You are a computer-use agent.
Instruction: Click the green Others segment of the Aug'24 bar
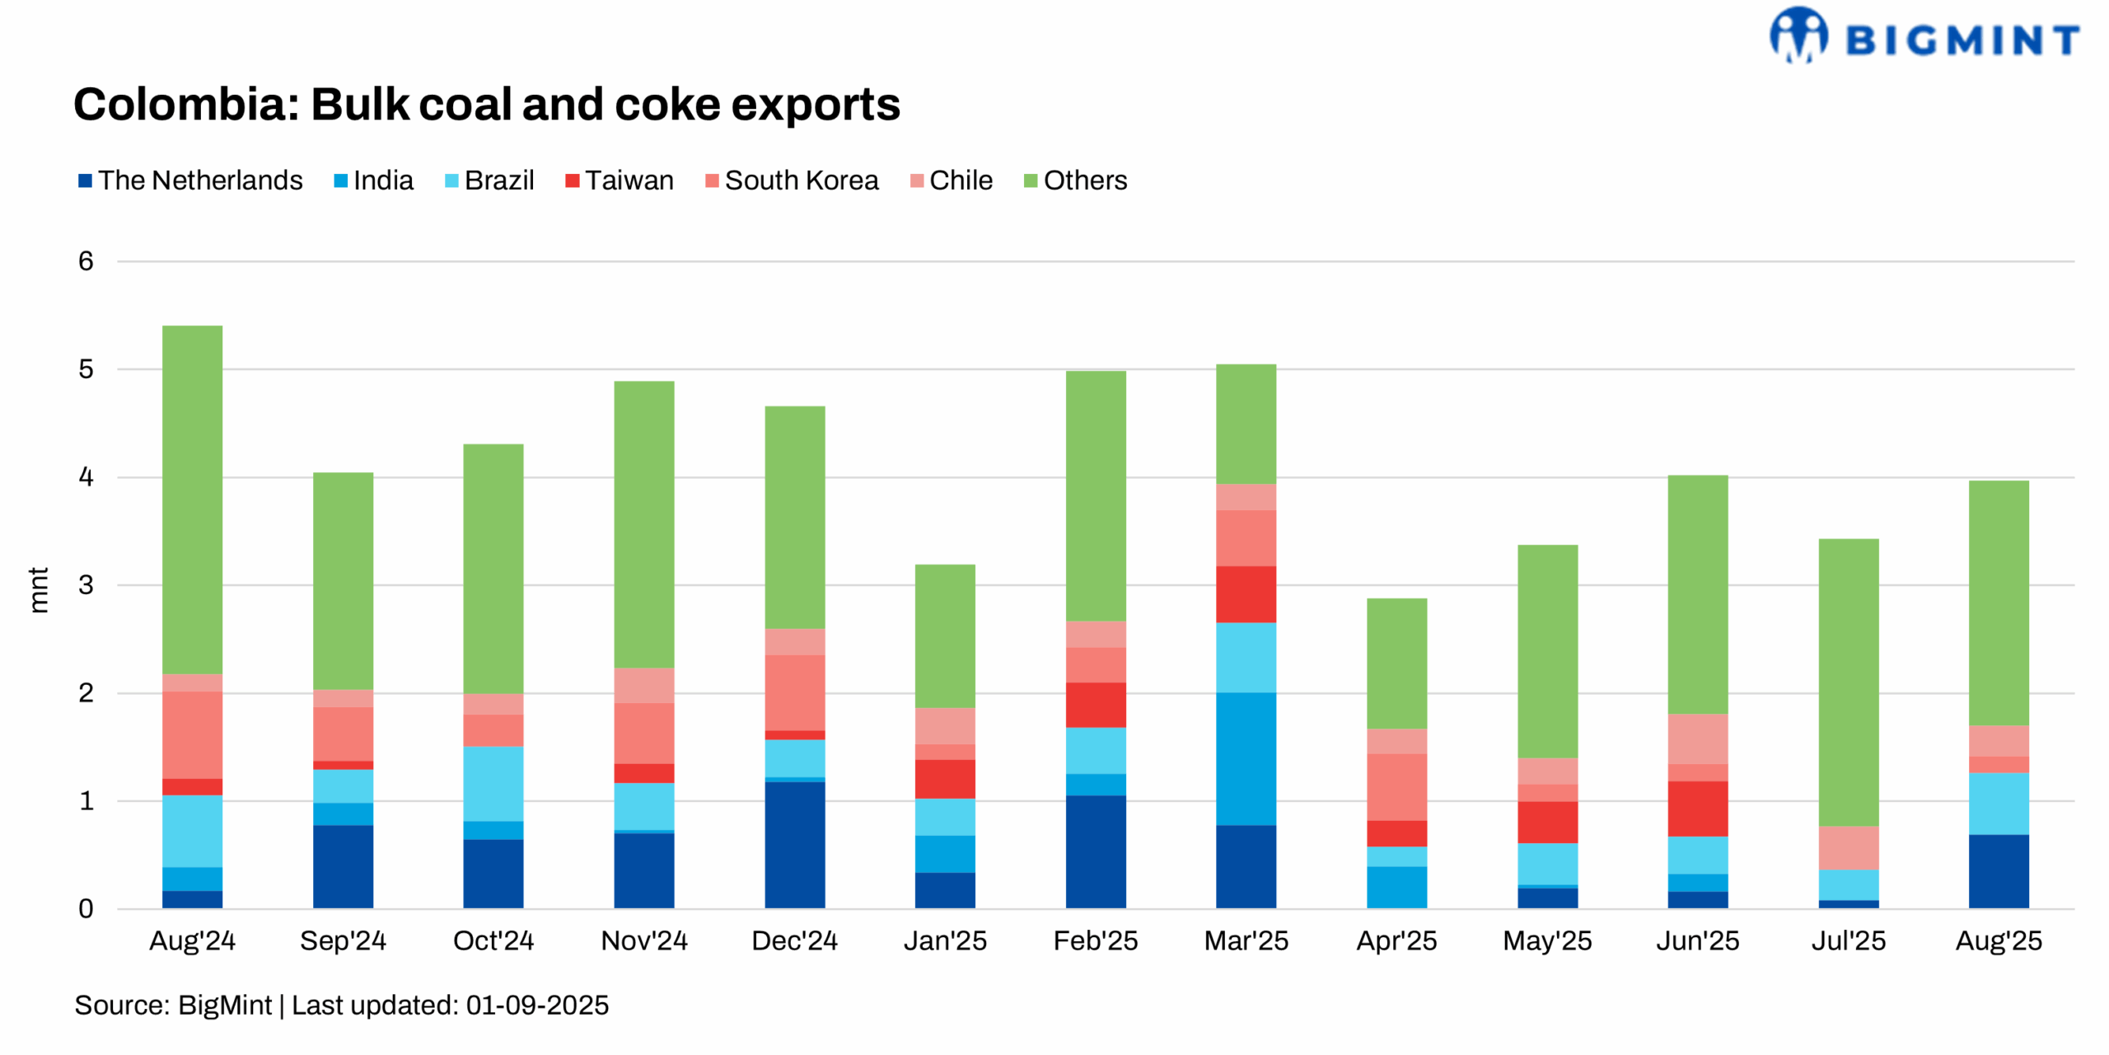[x=192, y=499]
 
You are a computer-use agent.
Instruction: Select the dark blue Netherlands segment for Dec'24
[x=794, y=844]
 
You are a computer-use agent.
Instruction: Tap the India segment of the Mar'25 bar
[x=1246, y=758]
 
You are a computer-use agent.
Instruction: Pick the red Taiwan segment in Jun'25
[x=1697, y=809]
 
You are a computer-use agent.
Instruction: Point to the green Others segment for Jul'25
[x=1848, y=682]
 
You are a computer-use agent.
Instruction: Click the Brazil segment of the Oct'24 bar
[x=493, y=783]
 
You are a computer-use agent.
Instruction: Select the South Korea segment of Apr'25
[x=1396, y=786]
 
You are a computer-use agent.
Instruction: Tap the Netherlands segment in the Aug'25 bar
[x=1998, y=870]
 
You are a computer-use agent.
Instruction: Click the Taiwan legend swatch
[x=572, y=181]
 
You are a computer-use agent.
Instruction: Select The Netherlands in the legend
[x=200, y=181]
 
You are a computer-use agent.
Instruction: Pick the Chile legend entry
[x=961, y=181]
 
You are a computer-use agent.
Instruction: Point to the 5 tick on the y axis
[x=86, y=369]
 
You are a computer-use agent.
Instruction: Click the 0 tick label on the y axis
[x=86, y=908]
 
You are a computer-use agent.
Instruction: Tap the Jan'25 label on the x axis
[x=945, y=940]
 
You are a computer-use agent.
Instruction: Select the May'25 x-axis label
[x=1546, y=940]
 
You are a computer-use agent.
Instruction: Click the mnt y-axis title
[x=39, y=589]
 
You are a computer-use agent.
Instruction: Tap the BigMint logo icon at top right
[x=1798, y=35]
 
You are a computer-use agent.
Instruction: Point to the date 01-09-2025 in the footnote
[x=537, y=1006]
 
